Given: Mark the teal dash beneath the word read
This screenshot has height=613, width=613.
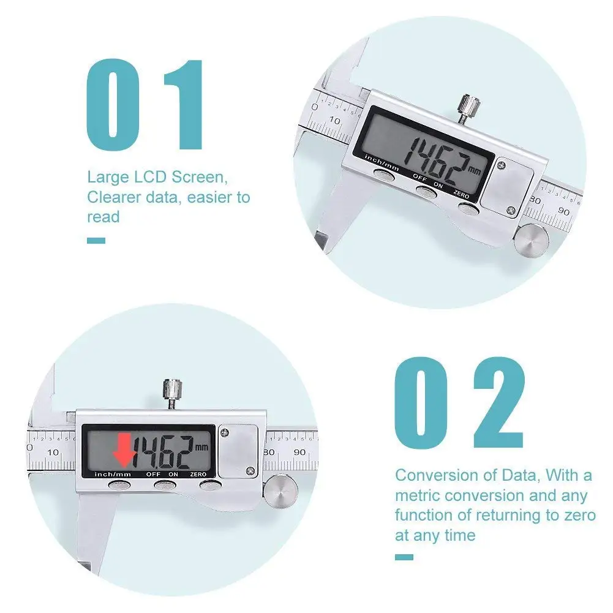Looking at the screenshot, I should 96,241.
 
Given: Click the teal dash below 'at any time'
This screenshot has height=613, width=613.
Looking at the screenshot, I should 404,557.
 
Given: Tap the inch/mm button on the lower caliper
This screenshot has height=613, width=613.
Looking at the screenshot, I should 119,485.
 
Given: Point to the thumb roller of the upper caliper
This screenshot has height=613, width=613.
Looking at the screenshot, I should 530,239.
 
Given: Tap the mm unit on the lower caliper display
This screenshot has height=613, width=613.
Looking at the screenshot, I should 201,446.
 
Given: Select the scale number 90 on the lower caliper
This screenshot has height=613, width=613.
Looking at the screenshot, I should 300,452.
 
